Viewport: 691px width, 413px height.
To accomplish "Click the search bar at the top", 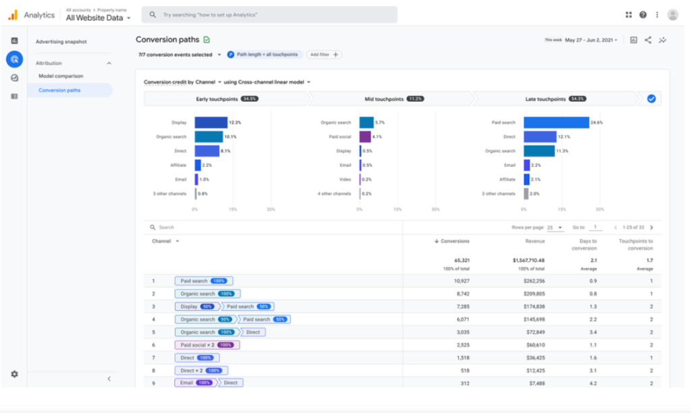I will coord(270,14).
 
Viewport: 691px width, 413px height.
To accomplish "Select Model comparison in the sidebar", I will coord(61,76).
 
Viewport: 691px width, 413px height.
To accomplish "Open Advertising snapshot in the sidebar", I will coord(61,42).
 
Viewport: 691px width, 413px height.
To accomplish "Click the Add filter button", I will coord(324,55).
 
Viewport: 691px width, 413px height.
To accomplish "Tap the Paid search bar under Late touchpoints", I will coord(555,123).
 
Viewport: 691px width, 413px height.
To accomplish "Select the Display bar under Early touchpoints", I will coord(211,123).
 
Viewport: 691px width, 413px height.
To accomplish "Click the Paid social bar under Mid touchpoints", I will coord(364,137).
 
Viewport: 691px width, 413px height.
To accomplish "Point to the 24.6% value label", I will coord(597,123).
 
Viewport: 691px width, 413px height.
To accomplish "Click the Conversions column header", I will coord(454,241).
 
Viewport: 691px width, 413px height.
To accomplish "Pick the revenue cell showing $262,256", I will coord(531,281).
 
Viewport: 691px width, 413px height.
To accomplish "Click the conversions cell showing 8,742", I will coord(460,294).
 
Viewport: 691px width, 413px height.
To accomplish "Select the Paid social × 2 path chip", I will coord(207,345).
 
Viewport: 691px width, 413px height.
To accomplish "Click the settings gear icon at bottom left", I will coord(14,374).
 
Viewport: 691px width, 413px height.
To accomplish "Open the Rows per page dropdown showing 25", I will coord(555,227).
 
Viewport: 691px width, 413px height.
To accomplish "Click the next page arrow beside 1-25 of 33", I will coord(651,227).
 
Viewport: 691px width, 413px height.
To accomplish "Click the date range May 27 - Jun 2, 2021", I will coord(592,40).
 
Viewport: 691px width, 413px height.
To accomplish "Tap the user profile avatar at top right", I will coord(672,14).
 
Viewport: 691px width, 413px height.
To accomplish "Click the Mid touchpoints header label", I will coord(383,99).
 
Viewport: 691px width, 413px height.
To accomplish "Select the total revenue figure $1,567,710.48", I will coord(523,260).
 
